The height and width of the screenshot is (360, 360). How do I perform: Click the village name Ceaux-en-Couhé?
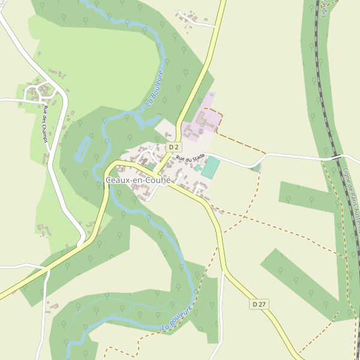pos(139,180)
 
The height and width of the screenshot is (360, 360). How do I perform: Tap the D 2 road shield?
pos(173,147)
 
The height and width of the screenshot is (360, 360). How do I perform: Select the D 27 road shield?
pos(259,305)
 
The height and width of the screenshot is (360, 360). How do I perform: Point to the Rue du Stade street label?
pos(190,158)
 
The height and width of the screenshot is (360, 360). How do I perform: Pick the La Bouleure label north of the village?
pos(155,89)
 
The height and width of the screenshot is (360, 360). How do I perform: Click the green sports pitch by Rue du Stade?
pos(211,167)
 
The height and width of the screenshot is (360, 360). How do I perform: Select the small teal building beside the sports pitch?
pos(197,168)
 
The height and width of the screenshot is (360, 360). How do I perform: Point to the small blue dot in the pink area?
pos(211,95)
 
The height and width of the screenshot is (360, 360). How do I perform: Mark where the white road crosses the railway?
pos(336,157)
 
